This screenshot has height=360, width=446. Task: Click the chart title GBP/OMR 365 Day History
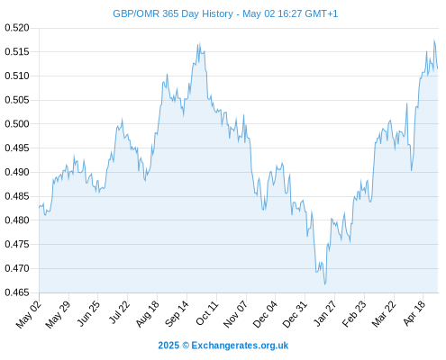[173, 13]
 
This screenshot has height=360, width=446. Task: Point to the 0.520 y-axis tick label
[17, 28]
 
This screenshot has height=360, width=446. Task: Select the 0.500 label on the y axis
[17, 123]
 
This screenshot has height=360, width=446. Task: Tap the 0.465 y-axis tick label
[17, 292]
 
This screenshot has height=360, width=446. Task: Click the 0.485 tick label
[17, 196]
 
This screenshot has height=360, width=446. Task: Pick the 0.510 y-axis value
[17, 76]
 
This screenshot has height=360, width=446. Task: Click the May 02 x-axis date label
[29, 313]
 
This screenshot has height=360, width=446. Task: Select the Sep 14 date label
[177, 313]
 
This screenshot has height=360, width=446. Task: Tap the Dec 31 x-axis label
[296, 313]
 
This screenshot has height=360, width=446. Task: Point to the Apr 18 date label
[414, 313]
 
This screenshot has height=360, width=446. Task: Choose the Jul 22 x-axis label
[118, 312]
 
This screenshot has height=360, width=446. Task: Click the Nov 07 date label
[236, 313]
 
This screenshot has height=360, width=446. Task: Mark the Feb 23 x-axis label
[354, 313]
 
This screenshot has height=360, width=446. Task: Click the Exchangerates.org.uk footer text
[240, 346]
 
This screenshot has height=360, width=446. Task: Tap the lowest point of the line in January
[324, 284]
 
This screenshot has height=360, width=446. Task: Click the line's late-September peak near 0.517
[199, 43]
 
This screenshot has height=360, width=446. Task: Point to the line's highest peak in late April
[434, 40]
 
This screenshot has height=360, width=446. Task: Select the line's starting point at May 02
[39, 207]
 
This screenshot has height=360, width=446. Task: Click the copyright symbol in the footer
[186, 346]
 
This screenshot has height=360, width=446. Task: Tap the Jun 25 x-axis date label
[88, 313]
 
